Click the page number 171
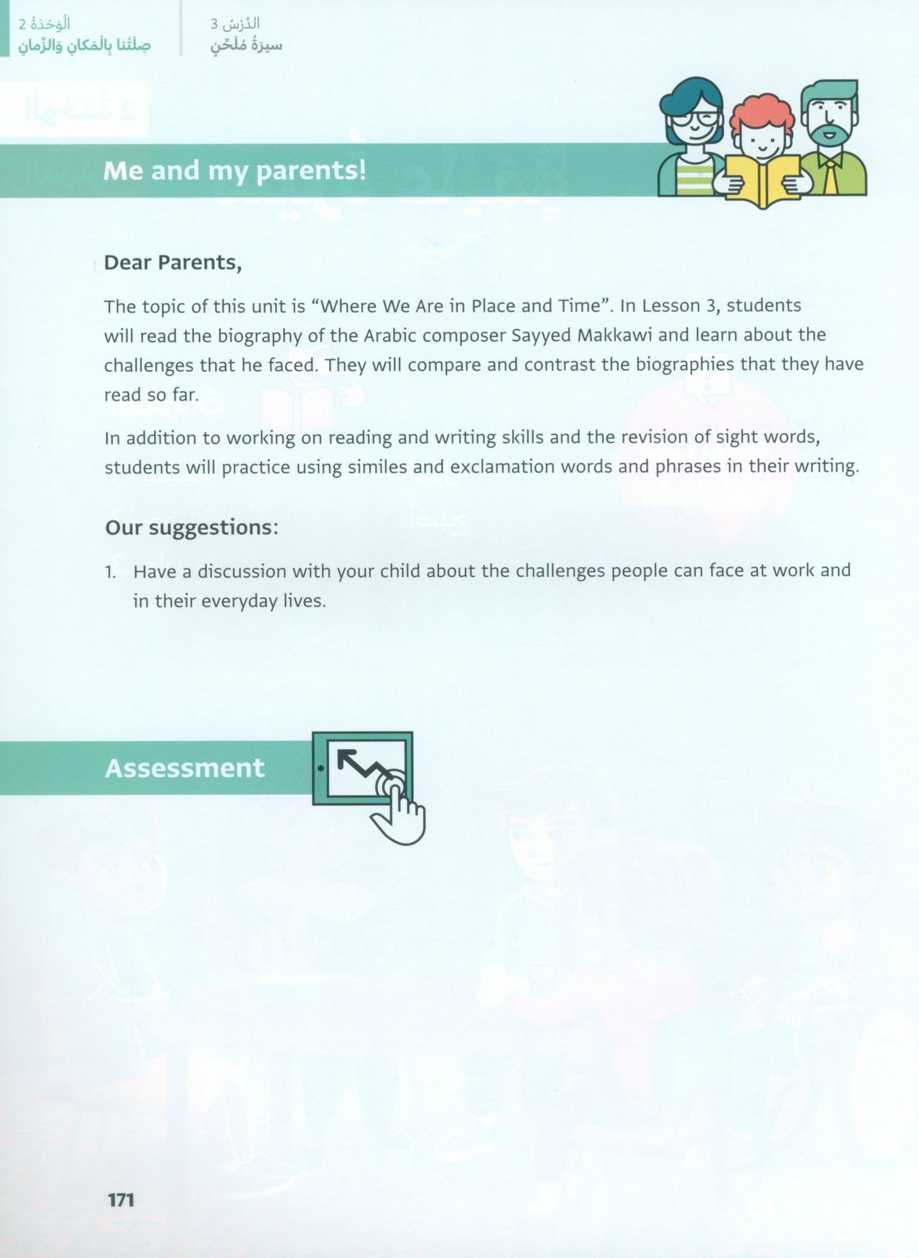121,1200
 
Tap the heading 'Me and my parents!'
235,171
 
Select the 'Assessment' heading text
184,768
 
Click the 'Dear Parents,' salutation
172,262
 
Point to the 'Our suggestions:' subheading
191,527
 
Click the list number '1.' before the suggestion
111,572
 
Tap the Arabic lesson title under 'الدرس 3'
246,45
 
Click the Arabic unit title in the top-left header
84,45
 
